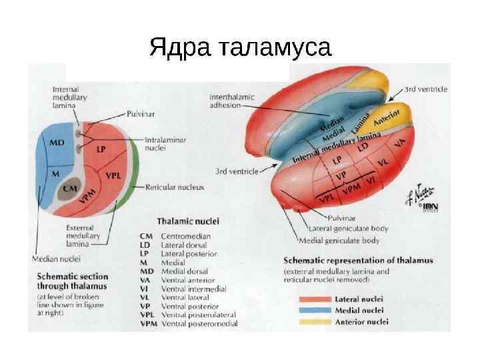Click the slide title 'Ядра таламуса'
tap(240, 47)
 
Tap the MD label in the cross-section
tap(58, 141)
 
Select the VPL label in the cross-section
tap(113, 177)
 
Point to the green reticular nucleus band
tap(136, 170)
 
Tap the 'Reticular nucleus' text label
tap(176, 189)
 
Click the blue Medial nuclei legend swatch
tap(317, 310)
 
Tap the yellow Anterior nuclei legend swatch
tap(317, 321)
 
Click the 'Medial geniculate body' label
tap(339, 240)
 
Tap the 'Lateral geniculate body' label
tap(344, 229)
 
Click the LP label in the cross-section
tap(101, 149)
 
